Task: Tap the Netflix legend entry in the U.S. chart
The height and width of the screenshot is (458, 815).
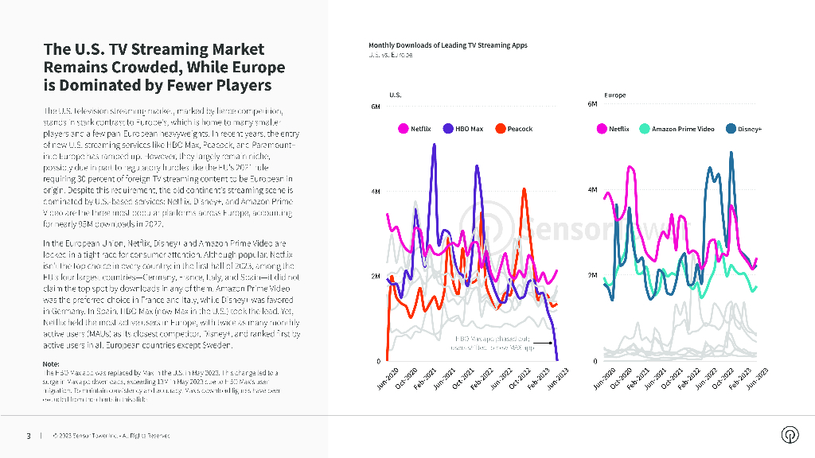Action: coord(415,129)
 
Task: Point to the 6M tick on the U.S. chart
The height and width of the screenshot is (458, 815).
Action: coord(377,107)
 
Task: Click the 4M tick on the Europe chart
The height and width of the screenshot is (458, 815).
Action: coord(591,190)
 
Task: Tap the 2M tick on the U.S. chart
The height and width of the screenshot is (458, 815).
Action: coord(377,276)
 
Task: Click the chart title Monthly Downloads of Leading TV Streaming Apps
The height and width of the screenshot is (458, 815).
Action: coord(447,45)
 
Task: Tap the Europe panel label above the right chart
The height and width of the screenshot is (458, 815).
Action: coord(614,95)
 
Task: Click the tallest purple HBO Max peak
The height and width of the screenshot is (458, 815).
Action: coord(435,145)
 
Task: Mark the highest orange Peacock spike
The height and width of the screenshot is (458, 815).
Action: coord(524,188)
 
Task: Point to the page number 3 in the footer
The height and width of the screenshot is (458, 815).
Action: coord(29,436)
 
